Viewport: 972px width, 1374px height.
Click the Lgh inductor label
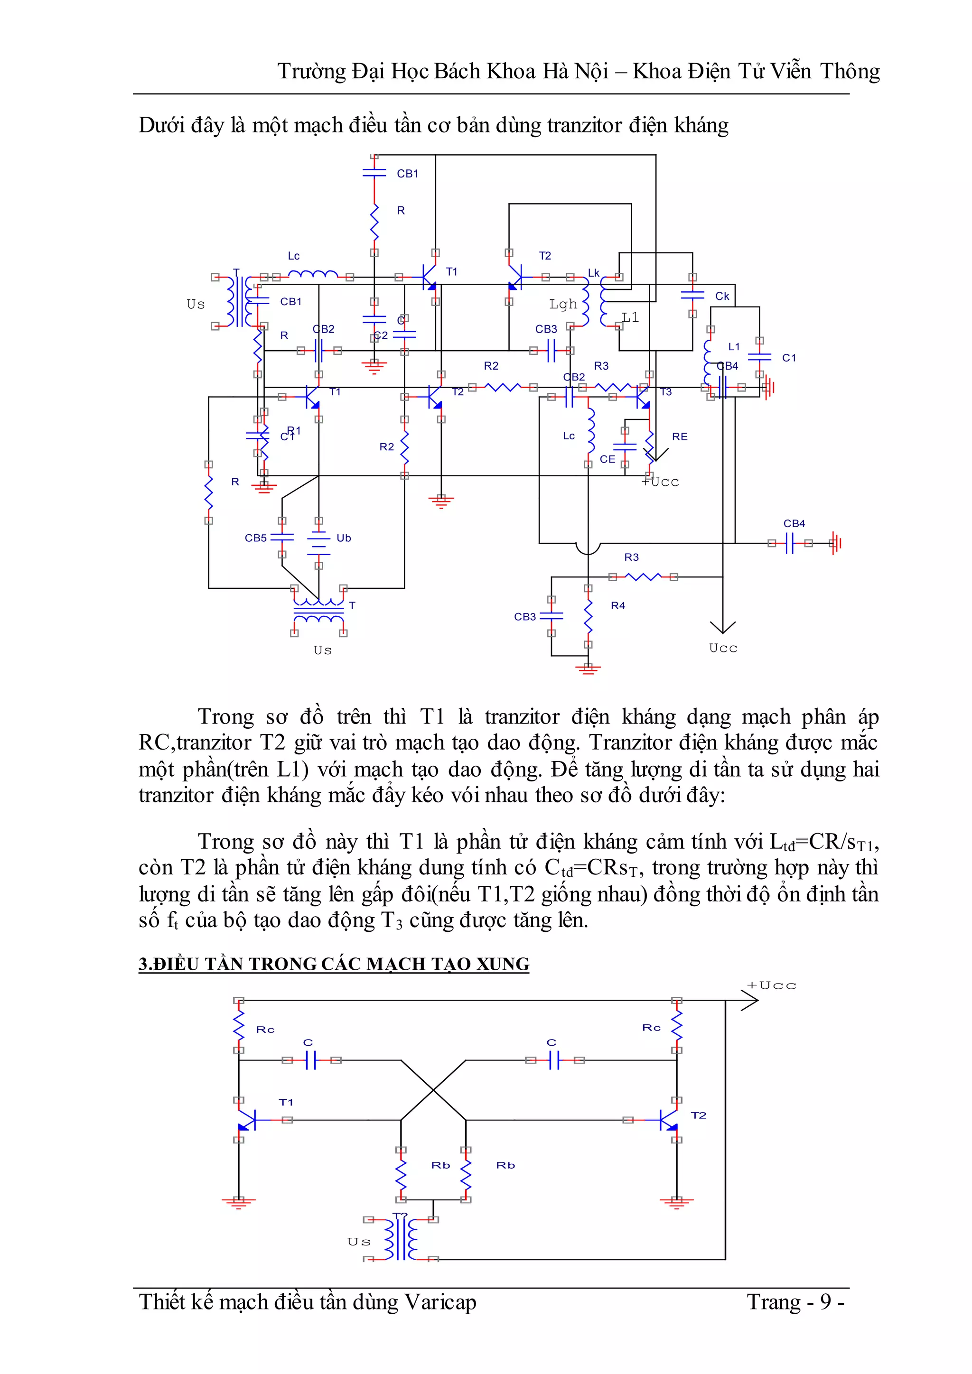tap(563, 304)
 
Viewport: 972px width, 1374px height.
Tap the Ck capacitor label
tap(722, 296)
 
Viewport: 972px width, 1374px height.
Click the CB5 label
tap(255, 538)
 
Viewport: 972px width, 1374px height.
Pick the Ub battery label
tap(344, 538)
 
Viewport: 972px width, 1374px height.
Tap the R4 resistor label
tap(617, 605)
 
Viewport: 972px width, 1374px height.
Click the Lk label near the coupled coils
tap(593, 273)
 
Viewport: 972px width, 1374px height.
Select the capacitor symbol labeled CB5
tap(282, 538)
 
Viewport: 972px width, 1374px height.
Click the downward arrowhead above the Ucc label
tap(722, 627)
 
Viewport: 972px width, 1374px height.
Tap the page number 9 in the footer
tap(826, 1301)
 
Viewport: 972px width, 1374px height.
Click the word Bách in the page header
tap(457, 72)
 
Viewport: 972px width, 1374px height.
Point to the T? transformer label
tap(400, 1216)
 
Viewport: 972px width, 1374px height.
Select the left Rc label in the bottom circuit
tap(265, 1029)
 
